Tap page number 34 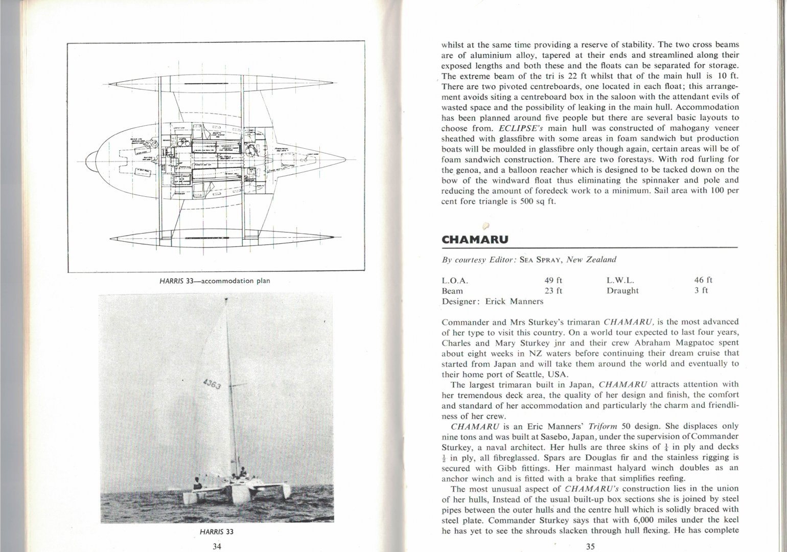point(216,546)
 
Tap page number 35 point(590,546)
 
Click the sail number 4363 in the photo point(212,384)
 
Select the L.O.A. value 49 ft point(553,280)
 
